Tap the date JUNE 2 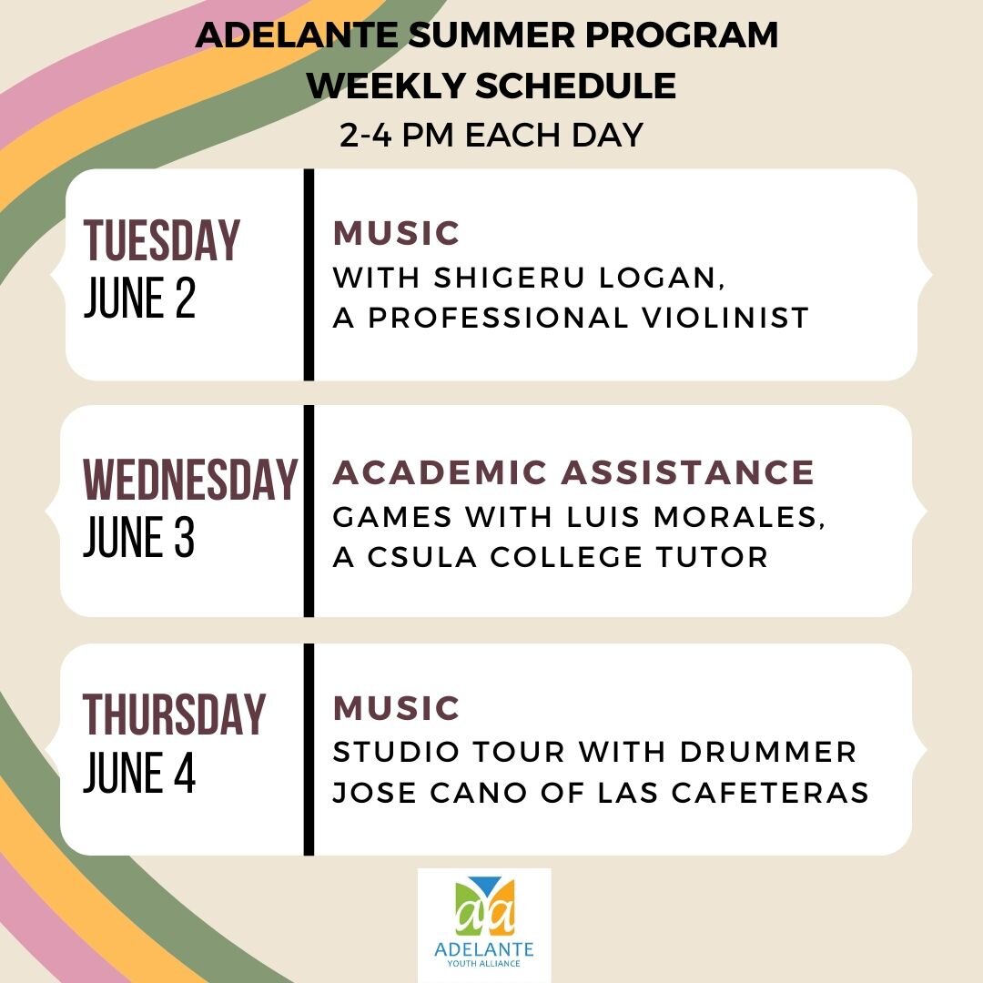click(x=139, y=299)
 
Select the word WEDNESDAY click(x=190, y=480)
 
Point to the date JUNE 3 click(x=139, y=538)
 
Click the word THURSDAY click(x=175, y=714)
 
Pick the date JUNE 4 click(x=139, y=775)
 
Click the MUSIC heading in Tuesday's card click(x=397, y=234)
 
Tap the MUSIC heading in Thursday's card click(x=397, y=708)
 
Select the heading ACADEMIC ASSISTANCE click(x=573, y=472)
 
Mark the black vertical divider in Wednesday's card click(x=309, y=511)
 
